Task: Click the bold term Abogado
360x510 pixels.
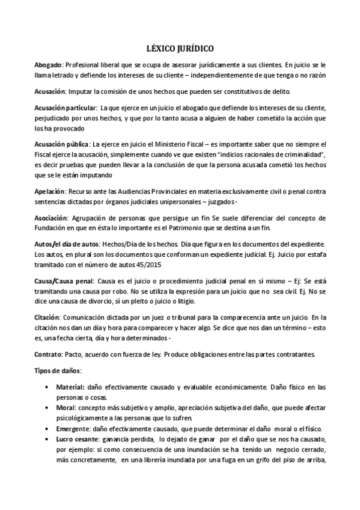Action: [48, 64]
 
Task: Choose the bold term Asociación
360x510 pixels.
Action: [51, 217]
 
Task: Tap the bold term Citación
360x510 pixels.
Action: [47, 317]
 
